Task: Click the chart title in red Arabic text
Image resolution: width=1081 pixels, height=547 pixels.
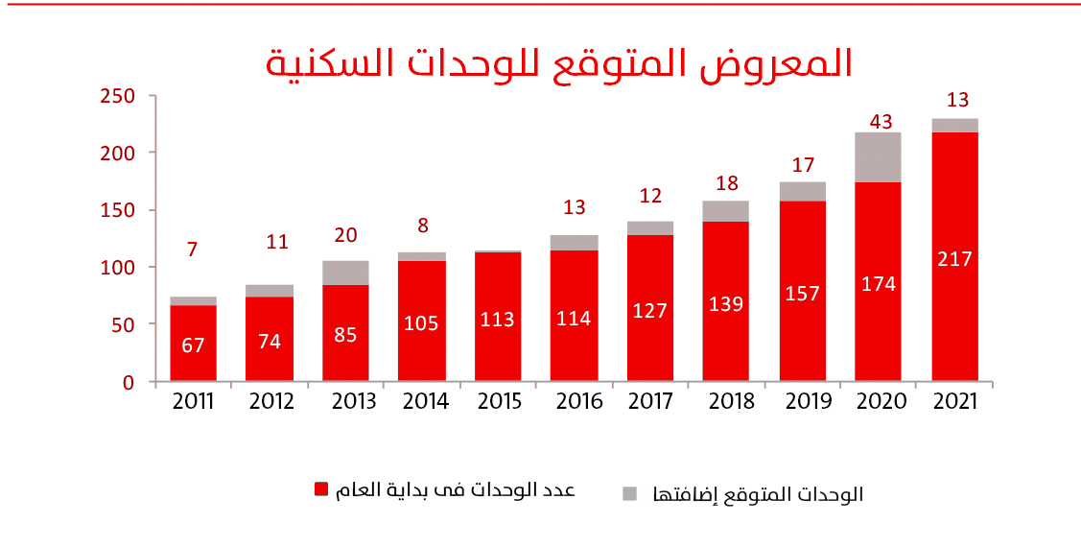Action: click(558, 62)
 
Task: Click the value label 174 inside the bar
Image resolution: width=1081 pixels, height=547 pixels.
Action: click(879, 284)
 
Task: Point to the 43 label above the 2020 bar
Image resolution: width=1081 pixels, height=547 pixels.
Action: click(881, 122)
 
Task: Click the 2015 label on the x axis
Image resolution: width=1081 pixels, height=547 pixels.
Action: click(498, 402)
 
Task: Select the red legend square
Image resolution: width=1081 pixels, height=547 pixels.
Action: click(322, 490)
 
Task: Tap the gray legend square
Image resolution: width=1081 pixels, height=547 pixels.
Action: click(629, 493)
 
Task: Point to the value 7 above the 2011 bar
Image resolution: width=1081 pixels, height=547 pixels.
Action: click(193, 250)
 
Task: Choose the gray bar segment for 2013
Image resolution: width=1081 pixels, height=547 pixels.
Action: click(345, 273)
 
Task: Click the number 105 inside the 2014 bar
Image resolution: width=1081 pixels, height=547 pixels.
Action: click(421, 323)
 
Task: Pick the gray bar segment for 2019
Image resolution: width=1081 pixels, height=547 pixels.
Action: click(802, 191)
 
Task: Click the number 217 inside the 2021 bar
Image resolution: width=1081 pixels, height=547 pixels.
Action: click(954, 259)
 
